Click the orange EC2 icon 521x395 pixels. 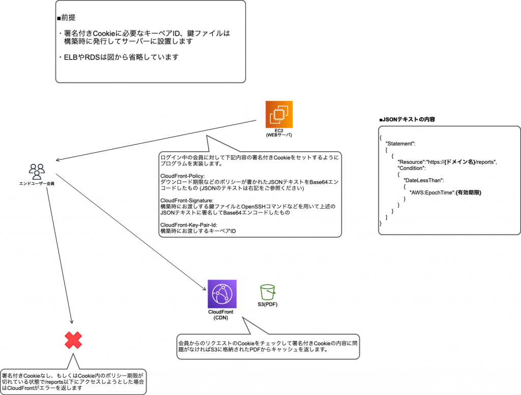click(279, 115)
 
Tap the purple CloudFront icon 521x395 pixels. click(222, 294)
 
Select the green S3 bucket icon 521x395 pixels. click(268, 292)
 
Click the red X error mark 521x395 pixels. click(73, 340)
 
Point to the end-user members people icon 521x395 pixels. click(37, 170)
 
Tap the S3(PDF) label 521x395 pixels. click(268, 305)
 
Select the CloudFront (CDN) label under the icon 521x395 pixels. click(222, 315)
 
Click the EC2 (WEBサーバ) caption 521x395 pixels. click(279, 133)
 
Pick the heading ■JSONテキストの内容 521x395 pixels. click(407, 119)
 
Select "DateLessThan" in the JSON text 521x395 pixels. click(424, 180)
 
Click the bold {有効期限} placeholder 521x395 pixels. click(469, 192)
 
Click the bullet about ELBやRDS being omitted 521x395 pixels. click(118, 57)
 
